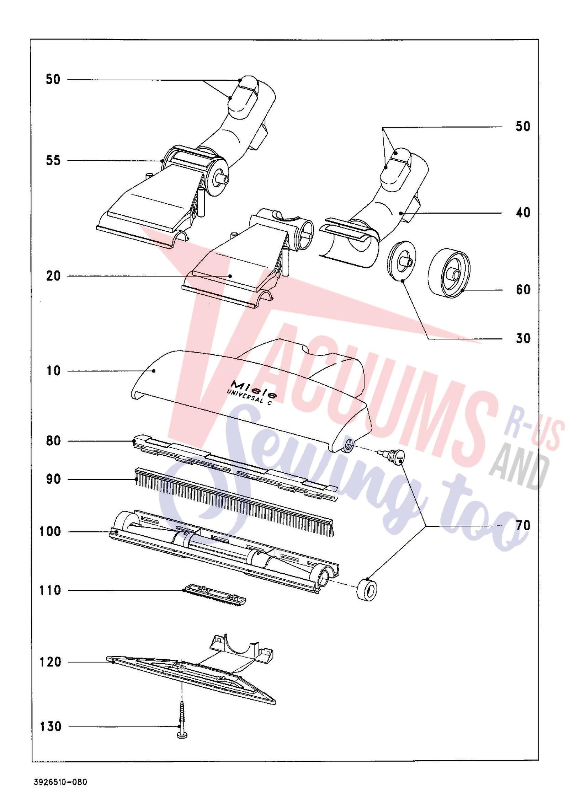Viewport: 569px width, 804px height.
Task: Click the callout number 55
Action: pos(53,161)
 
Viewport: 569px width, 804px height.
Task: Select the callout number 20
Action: pos(53,276)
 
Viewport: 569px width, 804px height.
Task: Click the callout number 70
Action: pos(523,525)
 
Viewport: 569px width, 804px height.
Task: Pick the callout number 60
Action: pos(523,290)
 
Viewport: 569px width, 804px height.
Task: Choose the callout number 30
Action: pos(523,338)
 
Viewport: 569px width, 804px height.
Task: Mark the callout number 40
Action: pos(523,213)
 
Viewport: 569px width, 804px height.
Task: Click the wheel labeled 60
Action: pos(449,273)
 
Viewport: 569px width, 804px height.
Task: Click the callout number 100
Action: pos(50,532)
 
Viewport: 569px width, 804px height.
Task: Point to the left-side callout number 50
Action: pos(53,79)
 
